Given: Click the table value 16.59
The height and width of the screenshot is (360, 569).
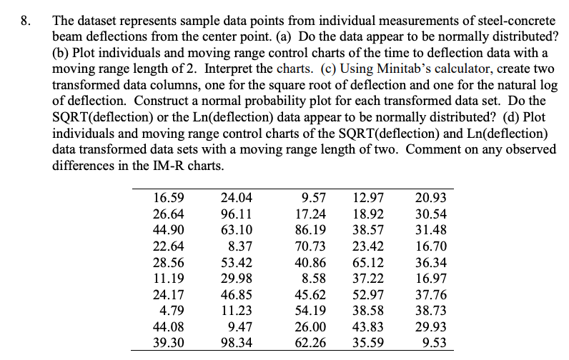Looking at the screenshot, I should point(169,198).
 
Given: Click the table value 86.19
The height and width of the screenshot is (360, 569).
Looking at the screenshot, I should point(311,230).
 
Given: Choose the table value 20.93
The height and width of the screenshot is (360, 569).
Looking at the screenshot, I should point(431,198).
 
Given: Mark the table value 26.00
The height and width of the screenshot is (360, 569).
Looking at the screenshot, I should point(311,326).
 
